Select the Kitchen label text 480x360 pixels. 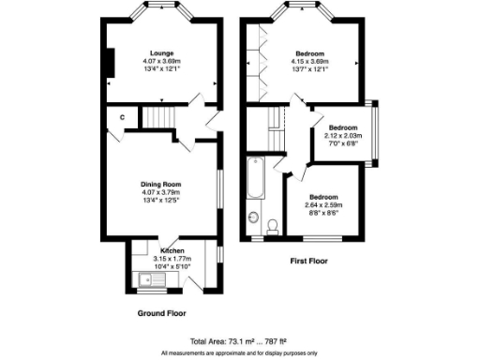[x=172, y=251]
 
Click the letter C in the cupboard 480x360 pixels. [x=121, y=117]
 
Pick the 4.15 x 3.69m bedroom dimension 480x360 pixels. [x=311, y=61]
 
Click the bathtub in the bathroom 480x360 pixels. [x=254, y=178]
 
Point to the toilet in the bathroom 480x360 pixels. [x=272, y=225]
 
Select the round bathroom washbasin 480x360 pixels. [x=253, y=218]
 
